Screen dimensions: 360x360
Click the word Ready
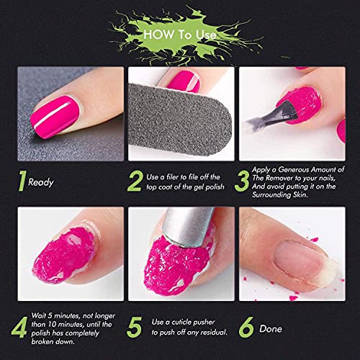point(41,183)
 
